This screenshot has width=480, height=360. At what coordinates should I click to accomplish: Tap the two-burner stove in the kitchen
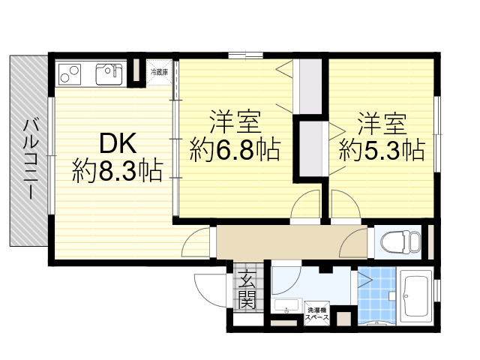point(70,74)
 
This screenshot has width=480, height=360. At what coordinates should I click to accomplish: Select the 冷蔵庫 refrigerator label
point(159,72)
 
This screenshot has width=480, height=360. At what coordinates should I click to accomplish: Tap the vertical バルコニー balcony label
point(31,160)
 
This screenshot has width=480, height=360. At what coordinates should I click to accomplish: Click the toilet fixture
point(400,241)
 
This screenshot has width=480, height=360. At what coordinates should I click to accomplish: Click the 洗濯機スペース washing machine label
point(316,313)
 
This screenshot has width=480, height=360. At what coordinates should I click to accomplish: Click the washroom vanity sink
point(286,305)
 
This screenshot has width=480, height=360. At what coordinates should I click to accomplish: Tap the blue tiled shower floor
point(376,295)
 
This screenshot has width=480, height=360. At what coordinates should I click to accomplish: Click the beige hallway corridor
point(292,241)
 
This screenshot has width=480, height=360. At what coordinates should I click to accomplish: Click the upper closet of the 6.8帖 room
point(310,86)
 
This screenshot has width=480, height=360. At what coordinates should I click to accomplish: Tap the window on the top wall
point(245,55)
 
